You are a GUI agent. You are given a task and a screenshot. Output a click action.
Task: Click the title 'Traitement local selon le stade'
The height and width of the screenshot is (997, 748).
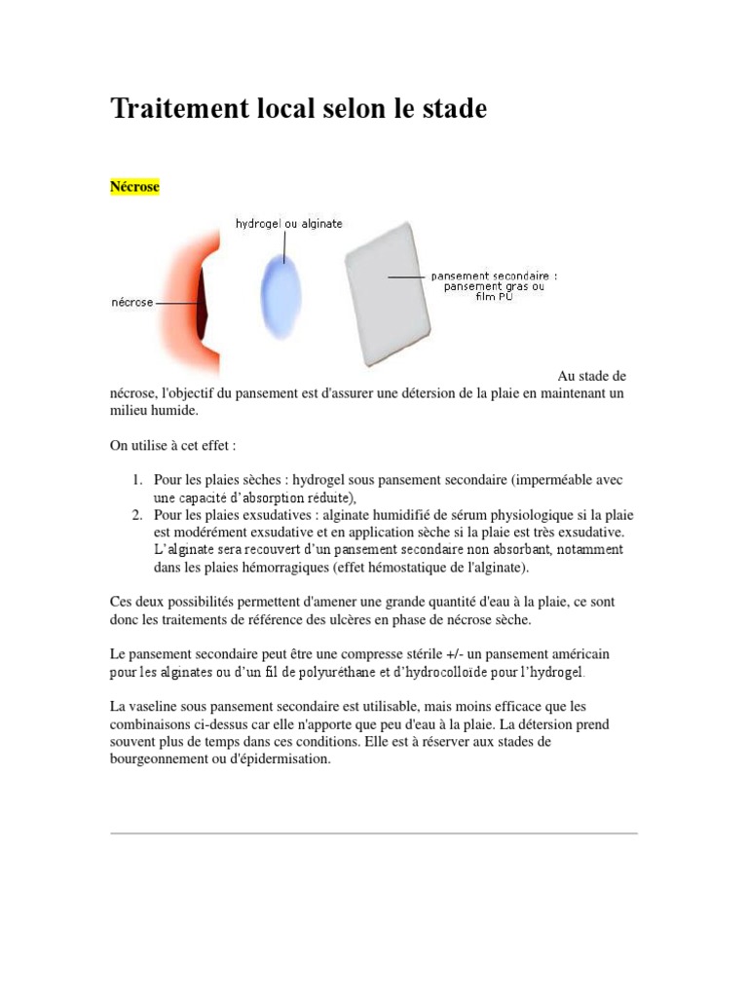coord(298,109)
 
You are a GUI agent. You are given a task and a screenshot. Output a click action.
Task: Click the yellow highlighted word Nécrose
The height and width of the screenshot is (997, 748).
coord(135,186)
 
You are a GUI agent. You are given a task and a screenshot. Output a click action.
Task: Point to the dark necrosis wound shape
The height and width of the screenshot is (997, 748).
coord(203,304)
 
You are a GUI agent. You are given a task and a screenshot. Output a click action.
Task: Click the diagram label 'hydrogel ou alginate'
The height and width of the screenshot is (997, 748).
coord(289,224)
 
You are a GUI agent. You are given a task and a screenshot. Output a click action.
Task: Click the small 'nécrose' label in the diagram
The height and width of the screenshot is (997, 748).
coord(131,303)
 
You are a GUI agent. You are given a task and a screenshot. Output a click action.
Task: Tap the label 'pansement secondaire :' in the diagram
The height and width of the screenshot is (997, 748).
coord(494,276)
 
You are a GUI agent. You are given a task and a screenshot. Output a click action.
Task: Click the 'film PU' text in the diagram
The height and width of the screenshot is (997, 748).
coord(494,296)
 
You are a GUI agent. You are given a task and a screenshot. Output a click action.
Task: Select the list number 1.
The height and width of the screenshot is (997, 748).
coord(138,480)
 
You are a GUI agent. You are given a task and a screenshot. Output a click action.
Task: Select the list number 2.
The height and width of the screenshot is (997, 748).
coord(138,515)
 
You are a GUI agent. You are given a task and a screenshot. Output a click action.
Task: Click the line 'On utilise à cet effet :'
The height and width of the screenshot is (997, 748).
coord(173,445)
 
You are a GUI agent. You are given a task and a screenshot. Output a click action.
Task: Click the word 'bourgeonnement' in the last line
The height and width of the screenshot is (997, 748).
coord(162,759)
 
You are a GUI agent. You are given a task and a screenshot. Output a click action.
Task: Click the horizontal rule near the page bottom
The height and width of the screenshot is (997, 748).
coord(374,833)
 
